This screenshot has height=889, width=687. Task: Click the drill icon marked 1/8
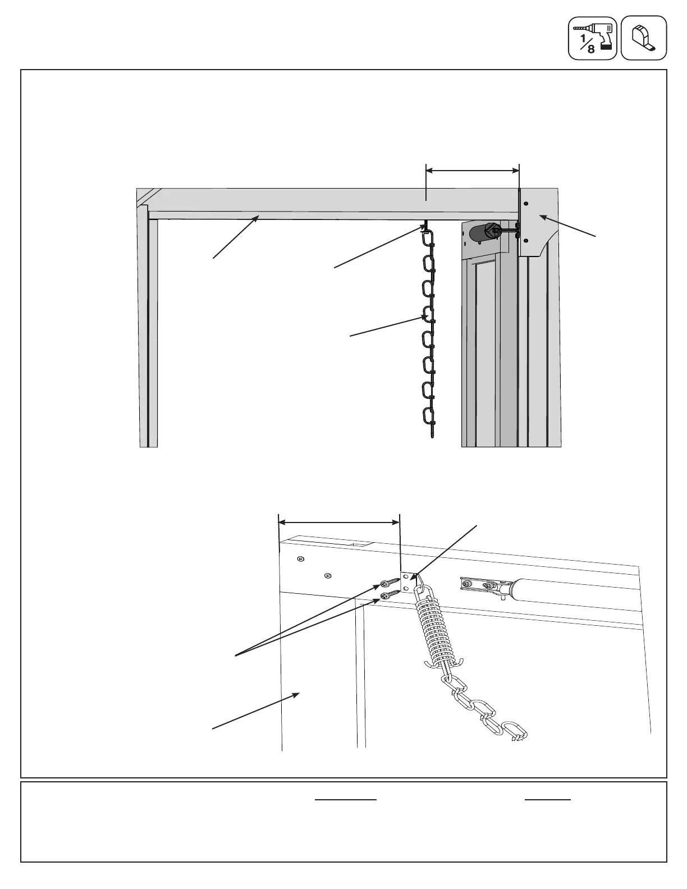[592, 38]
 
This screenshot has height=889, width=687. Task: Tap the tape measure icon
[644, 38]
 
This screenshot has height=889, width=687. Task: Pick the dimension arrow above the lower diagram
[339, 523]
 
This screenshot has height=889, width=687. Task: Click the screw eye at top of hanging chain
[427, 226]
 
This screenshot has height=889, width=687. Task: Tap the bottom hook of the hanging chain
[432, 432]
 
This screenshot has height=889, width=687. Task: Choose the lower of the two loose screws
[388, 596]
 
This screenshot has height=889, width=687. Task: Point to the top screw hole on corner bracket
[526, 203]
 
